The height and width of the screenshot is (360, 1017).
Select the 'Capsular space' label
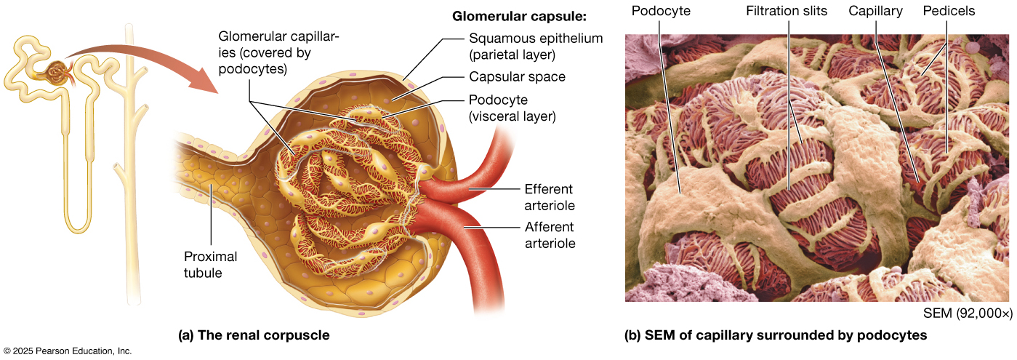pos(517,76)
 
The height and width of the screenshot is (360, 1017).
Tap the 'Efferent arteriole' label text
pos(549,197)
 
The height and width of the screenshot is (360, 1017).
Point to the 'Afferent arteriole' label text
pos(549,235)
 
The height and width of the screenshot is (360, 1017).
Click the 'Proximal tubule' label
pos(210,265)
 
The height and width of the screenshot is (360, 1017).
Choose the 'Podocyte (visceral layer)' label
pos(512,108)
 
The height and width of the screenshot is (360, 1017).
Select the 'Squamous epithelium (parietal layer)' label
pos(536,47)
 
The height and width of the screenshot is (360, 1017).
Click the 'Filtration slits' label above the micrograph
pos(788,11)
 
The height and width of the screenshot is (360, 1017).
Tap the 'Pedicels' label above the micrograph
pos(949,11)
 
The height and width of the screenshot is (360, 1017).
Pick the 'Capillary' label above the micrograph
pos(875,11)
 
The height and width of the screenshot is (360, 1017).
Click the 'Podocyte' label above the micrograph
pos(661,11)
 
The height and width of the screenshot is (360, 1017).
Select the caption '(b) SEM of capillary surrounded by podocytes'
pos(776,335)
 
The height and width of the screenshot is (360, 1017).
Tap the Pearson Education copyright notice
pos(67,351)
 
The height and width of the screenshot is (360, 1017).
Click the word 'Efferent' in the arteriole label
pos(549,188)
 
